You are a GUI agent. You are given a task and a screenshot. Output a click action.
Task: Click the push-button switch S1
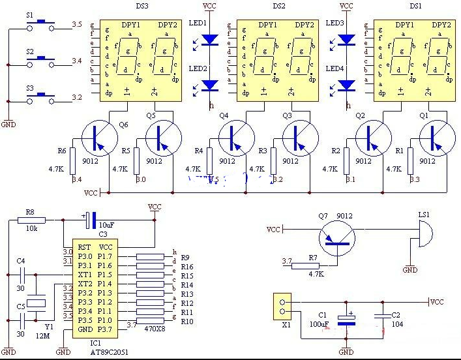click(x=41, y=25)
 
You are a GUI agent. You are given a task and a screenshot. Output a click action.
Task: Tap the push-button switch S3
click(x=41, y=98)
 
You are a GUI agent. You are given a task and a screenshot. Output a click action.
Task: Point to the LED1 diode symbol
click(x=210, y=39)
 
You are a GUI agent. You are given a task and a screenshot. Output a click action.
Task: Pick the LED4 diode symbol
click(x=347, y=84)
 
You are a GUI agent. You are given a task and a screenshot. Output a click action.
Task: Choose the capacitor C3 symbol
click(x=92, y=220)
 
